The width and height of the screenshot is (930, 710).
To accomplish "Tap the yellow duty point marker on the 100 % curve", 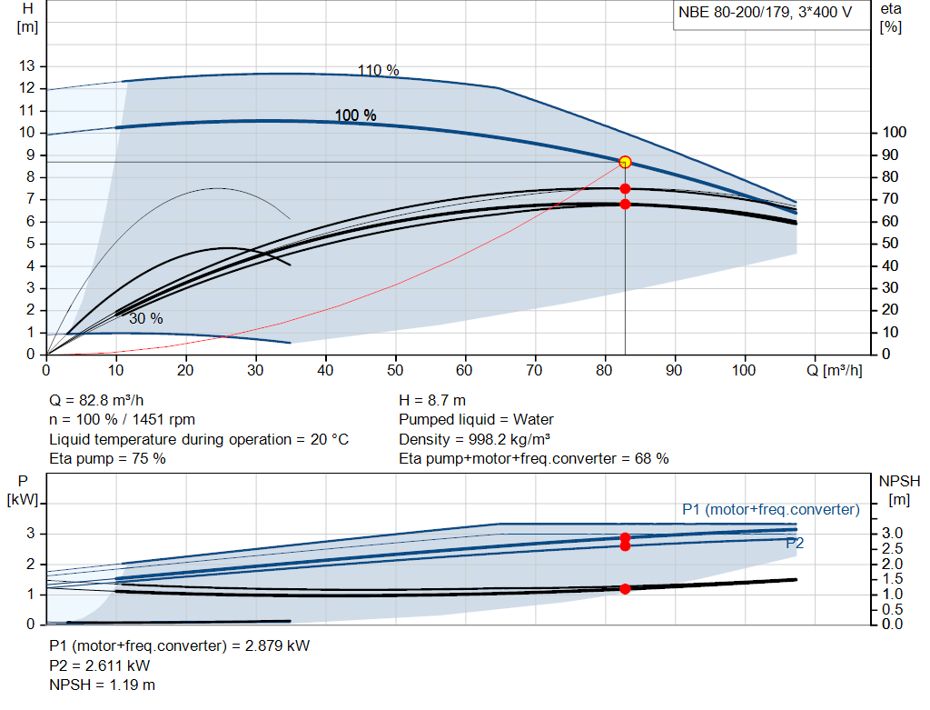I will click(625, 162).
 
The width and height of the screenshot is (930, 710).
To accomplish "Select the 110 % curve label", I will click(378, 71).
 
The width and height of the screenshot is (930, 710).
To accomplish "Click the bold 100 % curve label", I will click(355, 115).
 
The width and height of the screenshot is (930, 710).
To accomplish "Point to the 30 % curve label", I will click(145, 318).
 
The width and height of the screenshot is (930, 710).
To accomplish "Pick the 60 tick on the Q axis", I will click(465, 370).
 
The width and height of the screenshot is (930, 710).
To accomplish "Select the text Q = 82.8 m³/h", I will click(97, 400).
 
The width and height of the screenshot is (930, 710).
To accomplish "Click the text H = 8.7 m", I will click(431, 400).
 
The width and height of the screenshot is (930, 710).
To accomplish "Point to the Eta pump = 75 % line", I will click(107, 458).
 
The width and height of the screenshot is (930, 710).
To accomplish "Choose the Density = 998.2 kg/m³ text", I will click(475, 439).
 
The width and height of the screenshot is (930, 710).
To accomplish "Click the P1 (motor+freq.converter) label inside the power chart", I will click(770, 509).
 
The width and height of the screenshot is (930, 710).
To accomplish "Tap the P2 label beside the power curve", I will click(795, 543).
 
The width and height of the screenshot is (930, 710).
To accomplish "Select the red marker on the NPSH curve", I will click(625, 589).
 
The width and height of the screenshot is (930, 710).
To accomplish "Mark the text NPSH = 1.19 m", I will click(102, 685).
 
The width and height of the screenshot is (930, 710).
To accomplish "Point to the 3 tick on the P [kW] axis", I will click(30, 534).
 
